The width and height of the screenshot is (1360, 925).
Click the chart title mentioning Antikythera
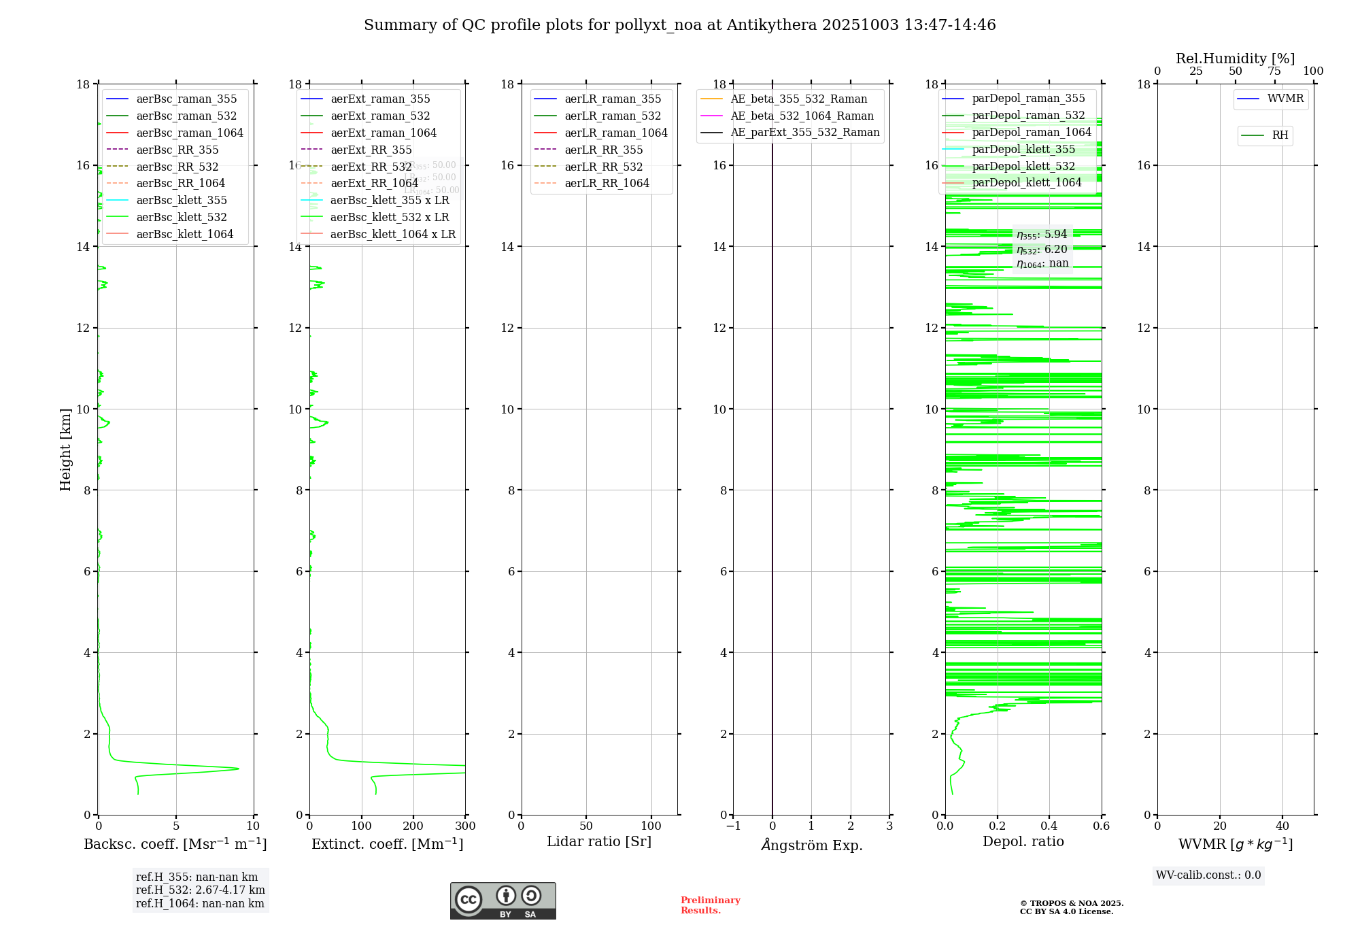(679, 25)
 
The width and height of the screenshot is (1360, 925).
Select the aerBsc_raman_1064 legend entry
(189, 133)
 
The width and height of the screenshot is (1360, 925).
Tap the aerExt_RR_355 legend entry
(371, 150)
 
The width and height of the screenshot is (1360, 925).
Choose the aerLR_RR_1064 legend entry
(607, 183)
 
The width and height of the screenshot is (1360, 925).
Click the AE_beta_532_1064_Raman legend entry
(802, 116)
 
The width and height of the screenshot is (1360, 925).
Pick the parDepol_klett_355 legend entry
(1023, 149)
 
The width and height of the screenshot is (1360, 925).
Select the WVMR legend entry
(1285, 99)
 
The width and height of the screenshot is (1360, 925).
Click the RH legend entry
(1280, 135)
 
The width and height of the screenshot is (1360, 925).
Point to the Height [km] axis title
(65, 450)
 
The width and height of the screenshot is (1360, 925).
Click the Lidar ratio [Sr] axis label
(599, 842)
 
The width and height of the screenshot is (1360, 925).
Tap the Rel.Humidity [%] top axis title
(1235, 58)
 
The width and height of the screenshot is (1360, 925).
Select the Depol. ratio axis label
(1023, 842)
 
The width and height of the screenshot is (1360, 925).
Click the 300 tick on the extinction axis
(465, 826)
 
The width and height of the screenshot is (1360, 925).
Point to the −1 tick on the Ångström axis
(732, 826)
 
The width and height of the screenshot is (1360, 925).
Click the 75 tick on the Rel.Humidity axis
(1274, 71)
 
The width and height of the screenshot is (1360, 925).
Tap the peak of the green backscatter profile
(238, 769)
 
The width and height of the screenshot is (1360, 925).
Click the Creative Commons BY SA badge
(503, 901)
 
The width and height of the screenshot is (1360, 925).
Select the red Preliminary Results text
(710, 905)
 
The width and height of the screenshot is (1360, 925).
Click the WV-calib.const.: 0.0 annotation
(1208, 875)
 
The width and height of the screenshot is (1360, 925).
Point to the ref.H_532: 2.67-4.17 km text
(200, 890)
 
